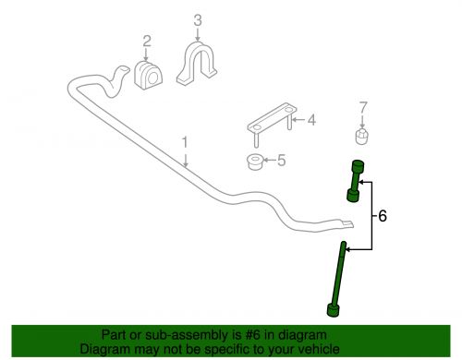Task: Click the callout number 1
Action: point(185,142)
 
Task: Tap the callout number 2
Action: point(147,41)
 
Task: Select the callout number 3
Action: point(198,20)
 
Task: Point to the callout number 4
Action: point(311,120)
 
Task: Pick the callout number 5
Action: point(282,160)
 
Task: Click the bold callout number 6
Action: point(383,216)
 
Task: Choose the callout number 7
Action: point(363,108)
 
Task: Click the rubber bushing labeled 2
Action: point(149,76)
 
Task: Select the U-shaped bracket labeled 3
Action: point(197,63)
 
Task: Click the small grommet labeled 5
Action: point(255,162)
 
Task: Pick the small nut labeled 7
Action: point(362,137)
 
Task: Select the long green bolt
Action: point(337,280)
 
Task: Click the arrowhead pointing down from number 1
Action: point(185,164)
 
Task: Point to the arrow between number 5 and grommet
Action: point(270,160)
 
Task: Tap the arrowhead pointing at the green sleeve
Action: point(361,183)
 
